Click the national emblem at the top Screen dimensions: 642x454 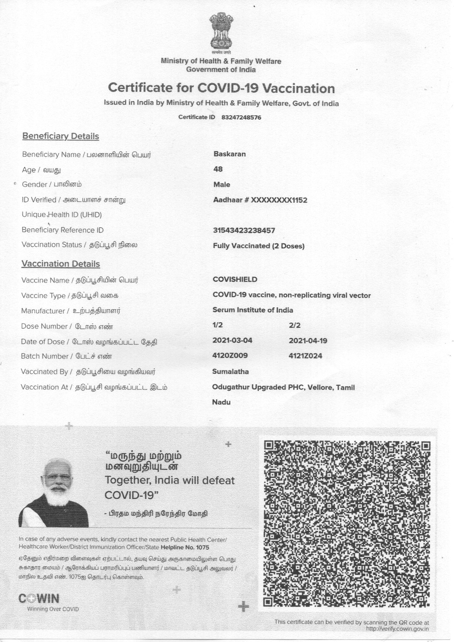(x=221, y=32)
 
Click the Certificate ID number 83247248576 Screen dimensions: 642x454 (x=241, y=117)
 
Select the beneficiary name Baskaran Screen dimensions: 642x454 (x=230, y=154)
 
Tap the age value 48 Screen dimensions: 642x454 (x=218, y=169)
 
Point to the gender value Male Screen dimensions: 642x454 (x=222, y=185)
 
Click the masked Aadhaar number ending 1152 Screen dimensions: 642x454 (x=260, y=200)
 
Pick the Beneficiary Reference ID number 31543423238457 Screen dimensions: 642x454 (x=244, y=231)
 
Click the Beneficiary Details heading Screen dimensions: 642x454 (x=61, y=136)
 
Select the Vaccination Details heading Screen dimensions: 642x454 (x=61, y=264)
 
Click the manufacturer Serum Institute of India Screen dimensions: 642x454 (x=253, y=310)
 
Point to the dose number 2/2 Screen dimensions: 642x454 (x=295, y=325)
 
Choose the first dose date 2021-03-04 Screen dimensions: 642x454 (x=232, y=341)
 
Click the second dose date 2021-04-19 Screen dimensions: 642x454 (x=308, y=341)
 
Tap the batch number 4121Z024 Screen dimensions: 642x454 (x=305, y=356)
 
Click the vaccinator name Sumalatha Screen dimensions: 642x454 (x=231, y=372)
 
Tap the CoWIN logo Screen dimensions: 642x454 (x=39, y=599)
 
